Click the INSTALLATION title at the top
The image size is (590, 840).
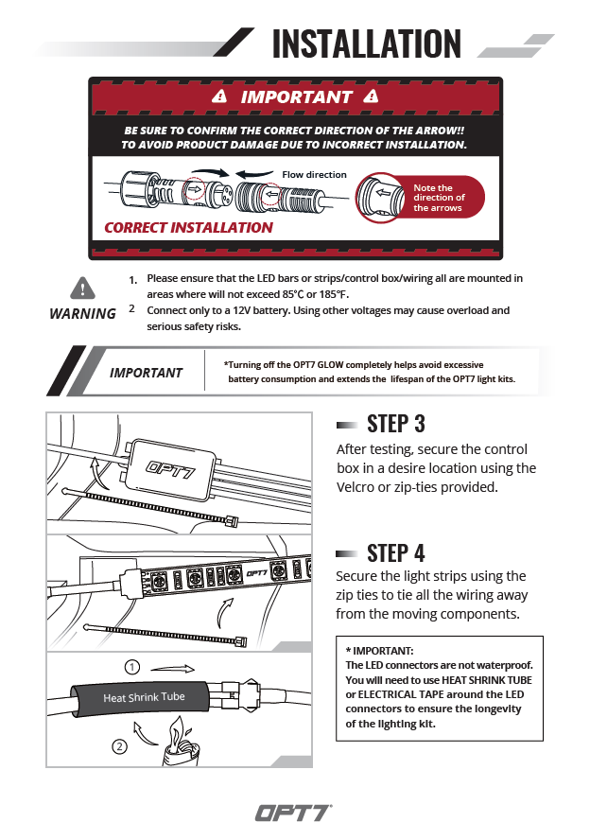(366, 44)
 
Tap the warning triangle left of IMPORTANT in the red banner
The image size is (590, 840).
(220, 96)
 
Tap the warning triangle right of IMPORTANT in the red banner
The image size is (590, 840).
(370, 96)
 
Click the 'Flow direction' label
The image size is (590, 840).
(314, 175)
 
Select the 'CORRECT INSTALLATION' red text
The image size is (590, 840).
(188, 227)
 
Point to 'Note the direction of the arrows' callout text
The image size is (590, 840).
(439, 198)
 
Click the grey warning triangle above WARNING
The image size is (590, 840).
(83, 288)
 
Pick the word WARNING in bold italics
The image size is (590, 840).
(82, 314)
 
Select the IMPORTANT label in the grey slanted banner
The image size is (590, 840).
(146, 373)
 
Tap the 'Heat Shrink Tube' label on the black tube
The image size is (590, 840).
(144, 697)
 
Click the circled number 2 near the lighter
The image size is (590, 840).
(119, 746)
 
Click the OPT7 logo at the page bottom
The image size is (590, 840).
(294, 812)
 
